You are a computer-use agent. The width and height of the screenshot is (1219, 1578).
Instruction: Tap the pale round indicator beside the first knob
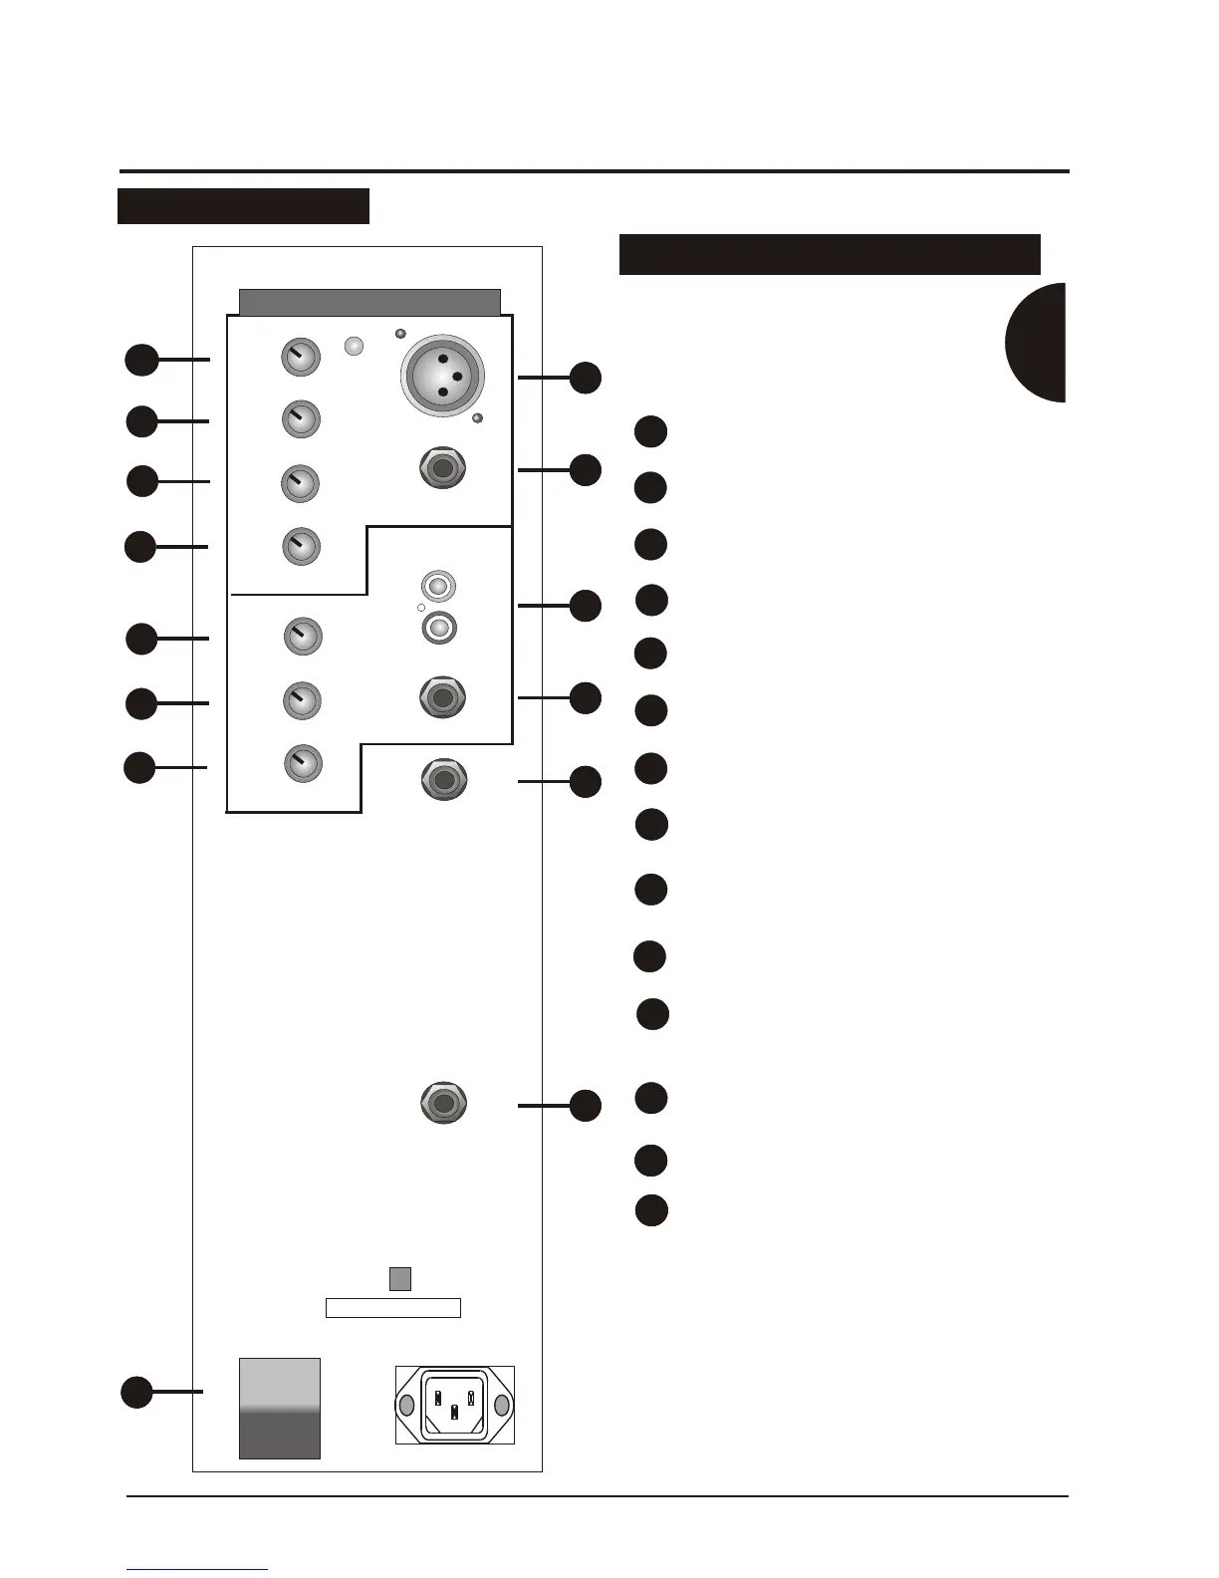tap(354, 346)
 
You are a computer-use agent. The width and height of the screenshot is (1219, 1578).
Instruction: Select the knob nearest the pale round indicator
tap(301, 357)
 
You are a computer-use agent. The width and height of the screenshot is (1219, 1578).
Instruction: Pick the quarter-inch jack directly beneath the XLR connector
tap(442, 468)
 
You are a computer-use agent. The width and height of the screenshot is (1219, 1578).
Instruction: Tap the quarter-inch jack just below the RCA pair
tap(443, 696)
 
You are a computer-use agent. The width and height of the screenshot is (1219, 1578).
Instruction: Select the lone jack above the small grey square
tap(443, 1103)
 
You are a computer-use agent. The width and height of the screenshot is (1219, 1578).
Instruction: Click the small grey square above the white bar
tap(399, 1278)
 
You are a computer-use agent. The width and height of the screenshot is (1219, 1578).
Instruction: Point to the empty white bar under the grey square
tap(393, 1308)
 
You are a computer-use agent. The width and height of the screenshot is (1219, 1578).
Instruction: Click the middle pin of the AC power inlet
tap(454, 1412)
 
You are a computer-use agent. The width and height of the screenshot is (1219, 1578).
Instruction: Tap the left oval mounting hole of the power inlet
tap(406, 1406)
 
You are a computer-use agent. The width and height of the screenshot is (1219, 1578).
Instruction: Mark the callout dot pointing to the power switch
tap(136, 1392)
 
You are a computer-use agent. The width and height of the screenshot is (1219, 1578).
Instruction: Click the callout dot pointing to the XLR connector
tap(586, 378)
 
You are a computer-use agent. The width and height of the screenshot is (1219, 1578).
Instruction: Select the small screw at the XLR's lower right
tap(477, 418)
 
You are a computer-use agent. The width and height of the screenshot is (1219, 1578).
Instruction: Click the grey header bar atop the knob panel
tap(370, 303)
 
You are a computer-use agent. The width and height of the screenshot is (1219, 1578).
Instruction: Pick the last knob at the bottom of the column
tap(303, 764)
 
